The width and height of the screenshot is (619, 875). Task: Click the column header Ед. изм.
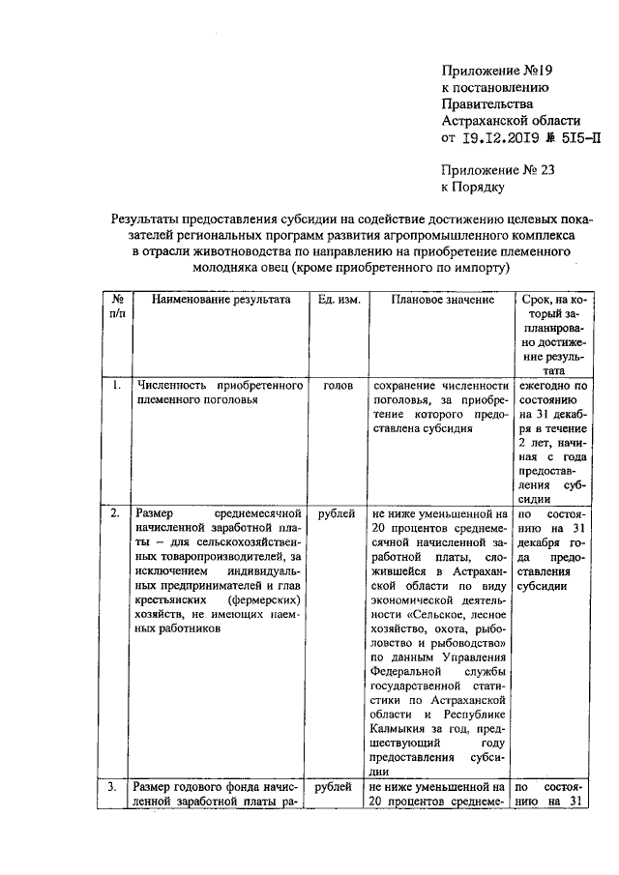click(x=339, y=300)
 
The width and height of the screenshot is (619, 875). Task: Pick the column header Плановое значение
click(x=442, y=300)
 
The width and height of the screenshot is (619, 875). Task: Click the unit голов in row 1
click(x=339, y=386)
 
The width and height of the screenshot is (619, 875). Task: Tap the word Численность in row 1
click(x=172, y=386)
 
